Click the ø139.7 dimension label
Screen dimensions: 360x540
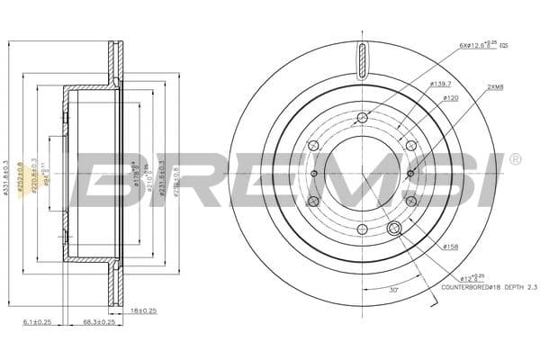pos(440,84)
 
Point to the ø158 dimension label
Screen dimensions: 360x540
pos(450,246)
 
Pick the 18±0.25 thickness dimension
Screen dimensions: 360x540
pos(143,310)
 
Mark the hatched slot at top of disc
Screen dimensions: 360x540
pos(363,61)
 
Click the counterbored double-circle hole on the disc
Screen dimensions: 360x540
pos(393,230)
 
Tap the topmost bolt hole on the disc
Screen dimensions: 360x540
pos(363,118)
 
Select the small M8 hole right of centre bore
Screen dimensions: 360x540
pos(410,174)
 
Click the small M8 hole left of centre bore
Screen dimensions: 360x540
pos(314,174)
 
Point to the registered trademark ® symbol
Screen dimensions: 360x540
pos(514,159)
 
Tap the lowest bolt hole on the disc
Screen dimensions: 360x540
pos(363,230)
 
